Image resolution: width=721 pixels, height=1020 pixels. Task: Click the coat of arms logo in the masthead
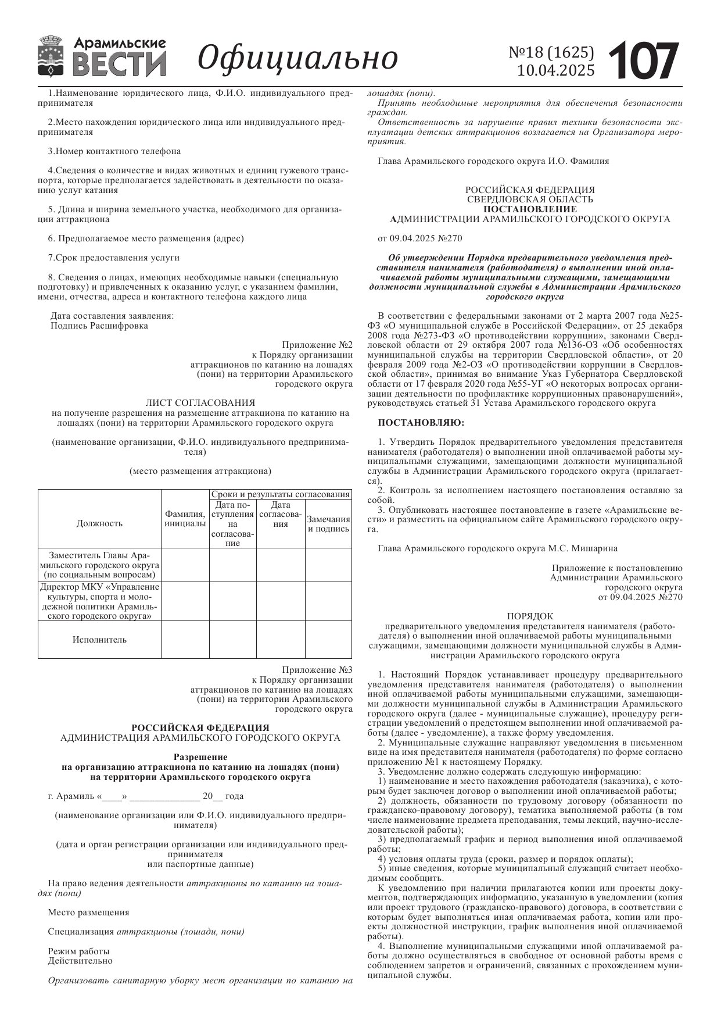coord(51,56)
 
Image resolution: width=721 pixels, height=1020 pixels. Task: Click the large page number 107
coord(644,60)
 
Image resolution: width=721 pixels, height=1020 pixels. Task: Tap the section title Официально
coord(298,58)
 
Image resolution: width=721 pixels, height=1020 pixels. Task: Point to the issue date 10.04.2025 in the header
coord(555,70)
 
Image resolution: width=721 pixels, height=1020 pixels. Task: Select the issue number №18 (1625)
coord(551,52)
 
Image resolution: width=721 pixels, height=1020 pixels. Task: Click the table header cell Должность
coord(99,523)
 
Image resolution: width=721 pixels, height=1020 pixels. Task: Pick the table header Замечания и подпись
coord(328,524)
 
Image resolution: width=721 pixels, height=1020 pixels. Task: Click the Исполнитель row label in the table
coord(99,640)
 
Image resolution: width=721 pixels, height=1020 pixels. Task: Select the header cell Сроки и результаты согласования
coord(281,494)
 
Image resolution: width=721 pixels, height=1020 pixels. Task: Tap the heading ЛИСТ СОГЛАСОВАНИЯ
coord(200,402)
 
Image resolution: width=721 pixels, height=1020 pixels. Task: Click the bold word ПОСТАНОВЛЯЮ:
coord(421,423)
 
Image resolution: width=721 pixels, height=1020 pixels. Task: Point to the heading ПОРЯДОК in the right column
coord(530,616)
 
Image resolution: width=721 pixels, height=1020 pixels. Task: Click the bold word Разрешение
coord(200,757)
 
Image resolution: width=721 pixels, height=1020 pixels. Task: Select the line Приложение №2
coord(317,344)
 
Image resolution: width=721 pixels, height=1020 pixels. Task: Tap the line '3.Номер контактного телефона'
coord(114,151)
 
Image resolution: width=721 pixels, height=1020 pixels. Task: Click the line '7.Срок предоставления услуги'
coord(114,258)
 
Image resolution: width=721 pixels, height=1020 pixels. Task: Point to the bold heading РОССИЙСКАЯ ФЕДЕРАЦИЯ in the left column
coord(200,727)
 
